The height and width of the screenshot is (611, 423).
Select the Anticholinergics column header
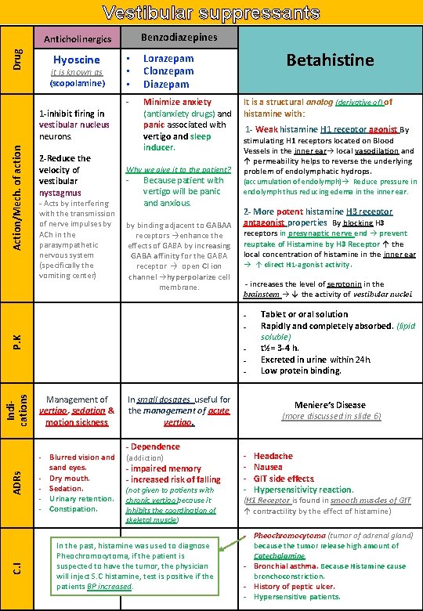(x=77, y=38)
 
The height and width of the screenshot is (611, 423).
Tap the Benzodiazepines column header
(x=178, y=37)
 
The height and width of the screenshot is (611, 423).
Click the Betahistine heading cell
(x=330, y=60)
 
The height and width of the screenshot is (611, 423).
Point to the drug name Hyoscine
(x=77, y=60)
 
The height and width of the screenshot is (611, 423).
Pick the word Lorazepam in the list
(x=168, y=58)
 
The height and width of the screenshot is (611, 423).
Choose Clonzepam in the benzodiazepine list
(x=168, y=70)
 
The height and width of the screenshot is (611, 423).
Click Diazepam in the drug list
(x=165, y=84)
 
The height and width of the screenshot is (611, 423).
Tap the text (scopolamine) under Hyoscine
(x=77, y=83)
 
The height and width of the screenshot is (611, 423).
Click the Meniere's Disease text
(x=330, y=405)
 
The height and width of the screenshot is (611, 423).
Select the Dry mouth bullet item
(x=69, y=478)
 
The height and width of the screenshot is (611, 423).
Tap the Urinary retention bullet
(x=81, y=498)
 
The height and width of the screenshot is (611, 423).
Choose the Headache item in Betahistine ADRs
(x=273, y=456)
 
